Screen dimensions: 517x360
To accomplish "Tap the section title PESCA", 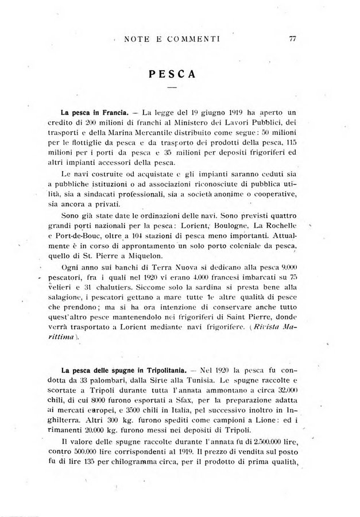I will tap(172, 74).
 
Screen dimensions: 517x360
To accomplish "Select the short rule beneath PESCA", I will tap(172, 87).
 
